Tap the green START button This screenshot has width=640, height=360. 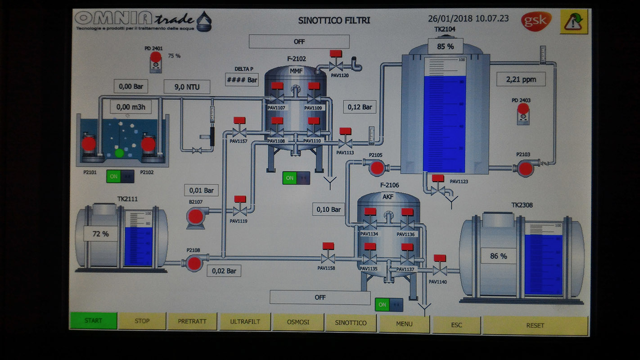(x=94, y=321)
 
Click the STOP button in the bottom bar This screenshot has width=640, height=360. (x=142, y=321)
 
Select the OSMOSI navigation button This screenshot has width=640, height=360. (x=298, y=322)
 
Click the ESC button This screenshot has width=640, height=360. (x=456, y=324)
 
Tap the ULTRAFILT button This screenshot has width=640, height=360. (x=245, y=322)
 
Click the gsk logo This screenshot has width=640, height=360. (x=536, y=21)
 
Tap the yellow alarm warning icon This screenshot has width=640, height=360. (x=574, y=22)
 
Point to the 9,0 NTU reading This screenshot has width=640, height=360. (x=186, y=87)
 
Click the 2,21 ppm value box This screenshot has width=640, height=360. (x=521, y=79)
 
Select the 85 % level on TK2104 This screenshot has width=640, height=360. (x=445, y=46)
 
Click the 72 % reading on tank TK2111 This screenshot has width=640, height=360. (x=101, y=234)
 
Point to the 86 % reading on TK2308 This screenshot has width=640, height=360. (x=498, y=256)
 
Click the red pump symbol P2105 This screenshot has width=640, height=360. (x=377, y=168)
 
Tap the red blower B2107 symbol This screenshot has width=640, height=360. (x=195, y=216)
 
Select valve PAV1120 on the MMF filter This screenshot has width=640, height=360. (x=336, y=66)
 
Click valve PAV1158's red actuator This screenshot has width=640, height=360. (x=328, y=246)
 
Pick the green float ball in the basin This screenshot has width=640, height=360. (x=119, y=153)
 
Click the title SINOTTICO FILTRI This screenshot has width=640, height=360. (x=334, y=20)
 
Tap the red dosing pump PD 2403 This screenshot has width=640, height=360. (x=523, y=108)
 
